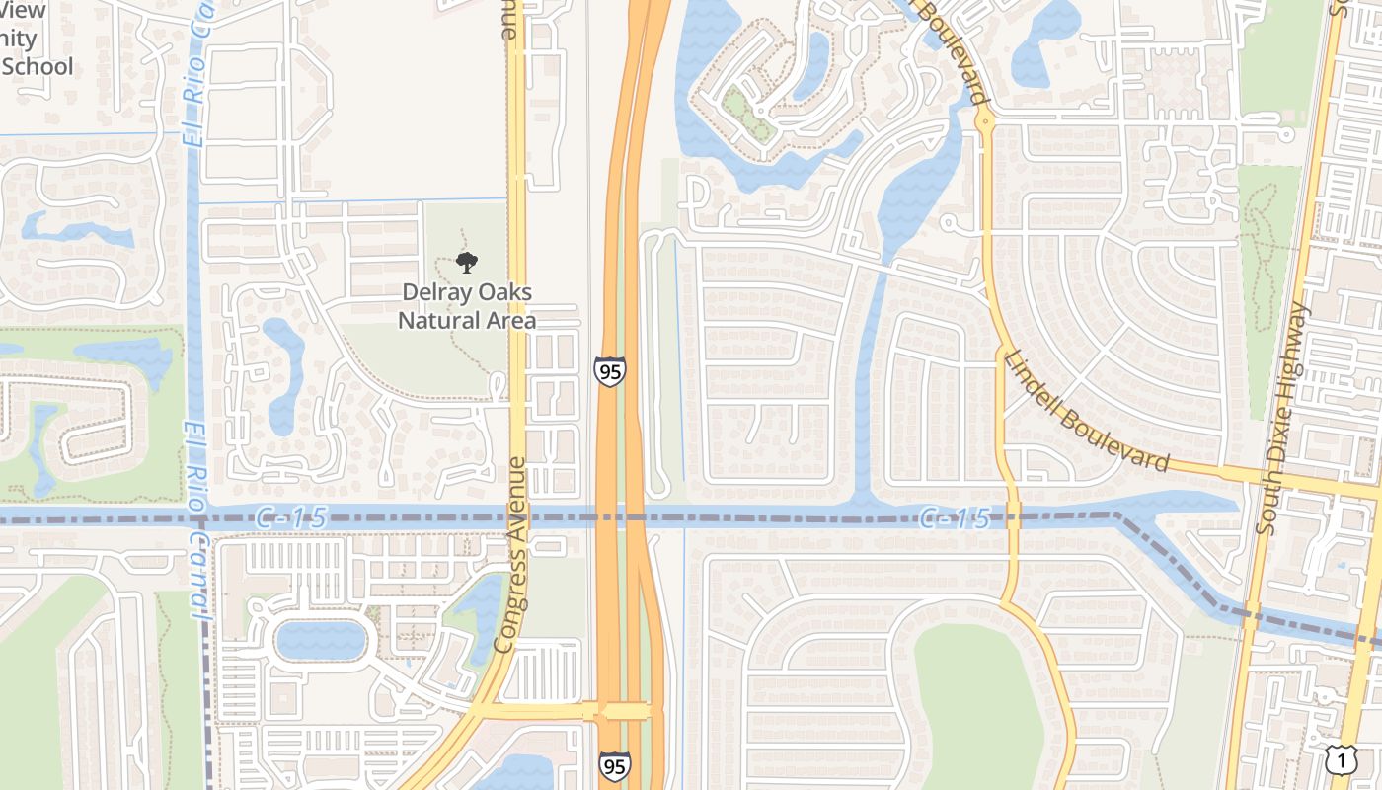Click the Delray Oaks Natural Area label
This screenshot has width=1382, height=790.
pyautogui.click(x=467, y=306)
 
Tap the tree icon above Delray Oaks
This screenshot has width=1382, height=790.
pyautogui.click(x=467, y=263)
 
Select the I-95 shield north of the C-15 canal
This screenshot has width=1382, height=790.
pyautogui.click(x=610, y=371)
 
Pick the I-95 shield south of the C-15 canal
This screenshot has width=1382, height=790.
pyautogui.click(x=614, y=766)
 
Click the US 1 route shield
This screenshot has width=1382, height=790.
pyautogui.click(x=1341, y=760)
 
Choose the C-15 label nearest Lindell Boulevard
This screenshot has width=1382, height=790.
pyautogui.click(x=954, y=517)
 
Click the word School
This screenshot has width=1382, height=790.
pyautogui.click(x=38, y=67)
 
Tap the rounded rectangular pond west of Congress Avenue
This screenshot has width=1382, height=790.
pyautogui.click(x=321, y=640)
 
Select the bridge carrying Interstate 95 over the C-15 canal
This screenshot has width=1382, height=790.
pyautogui.click(x=622, y=515)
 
